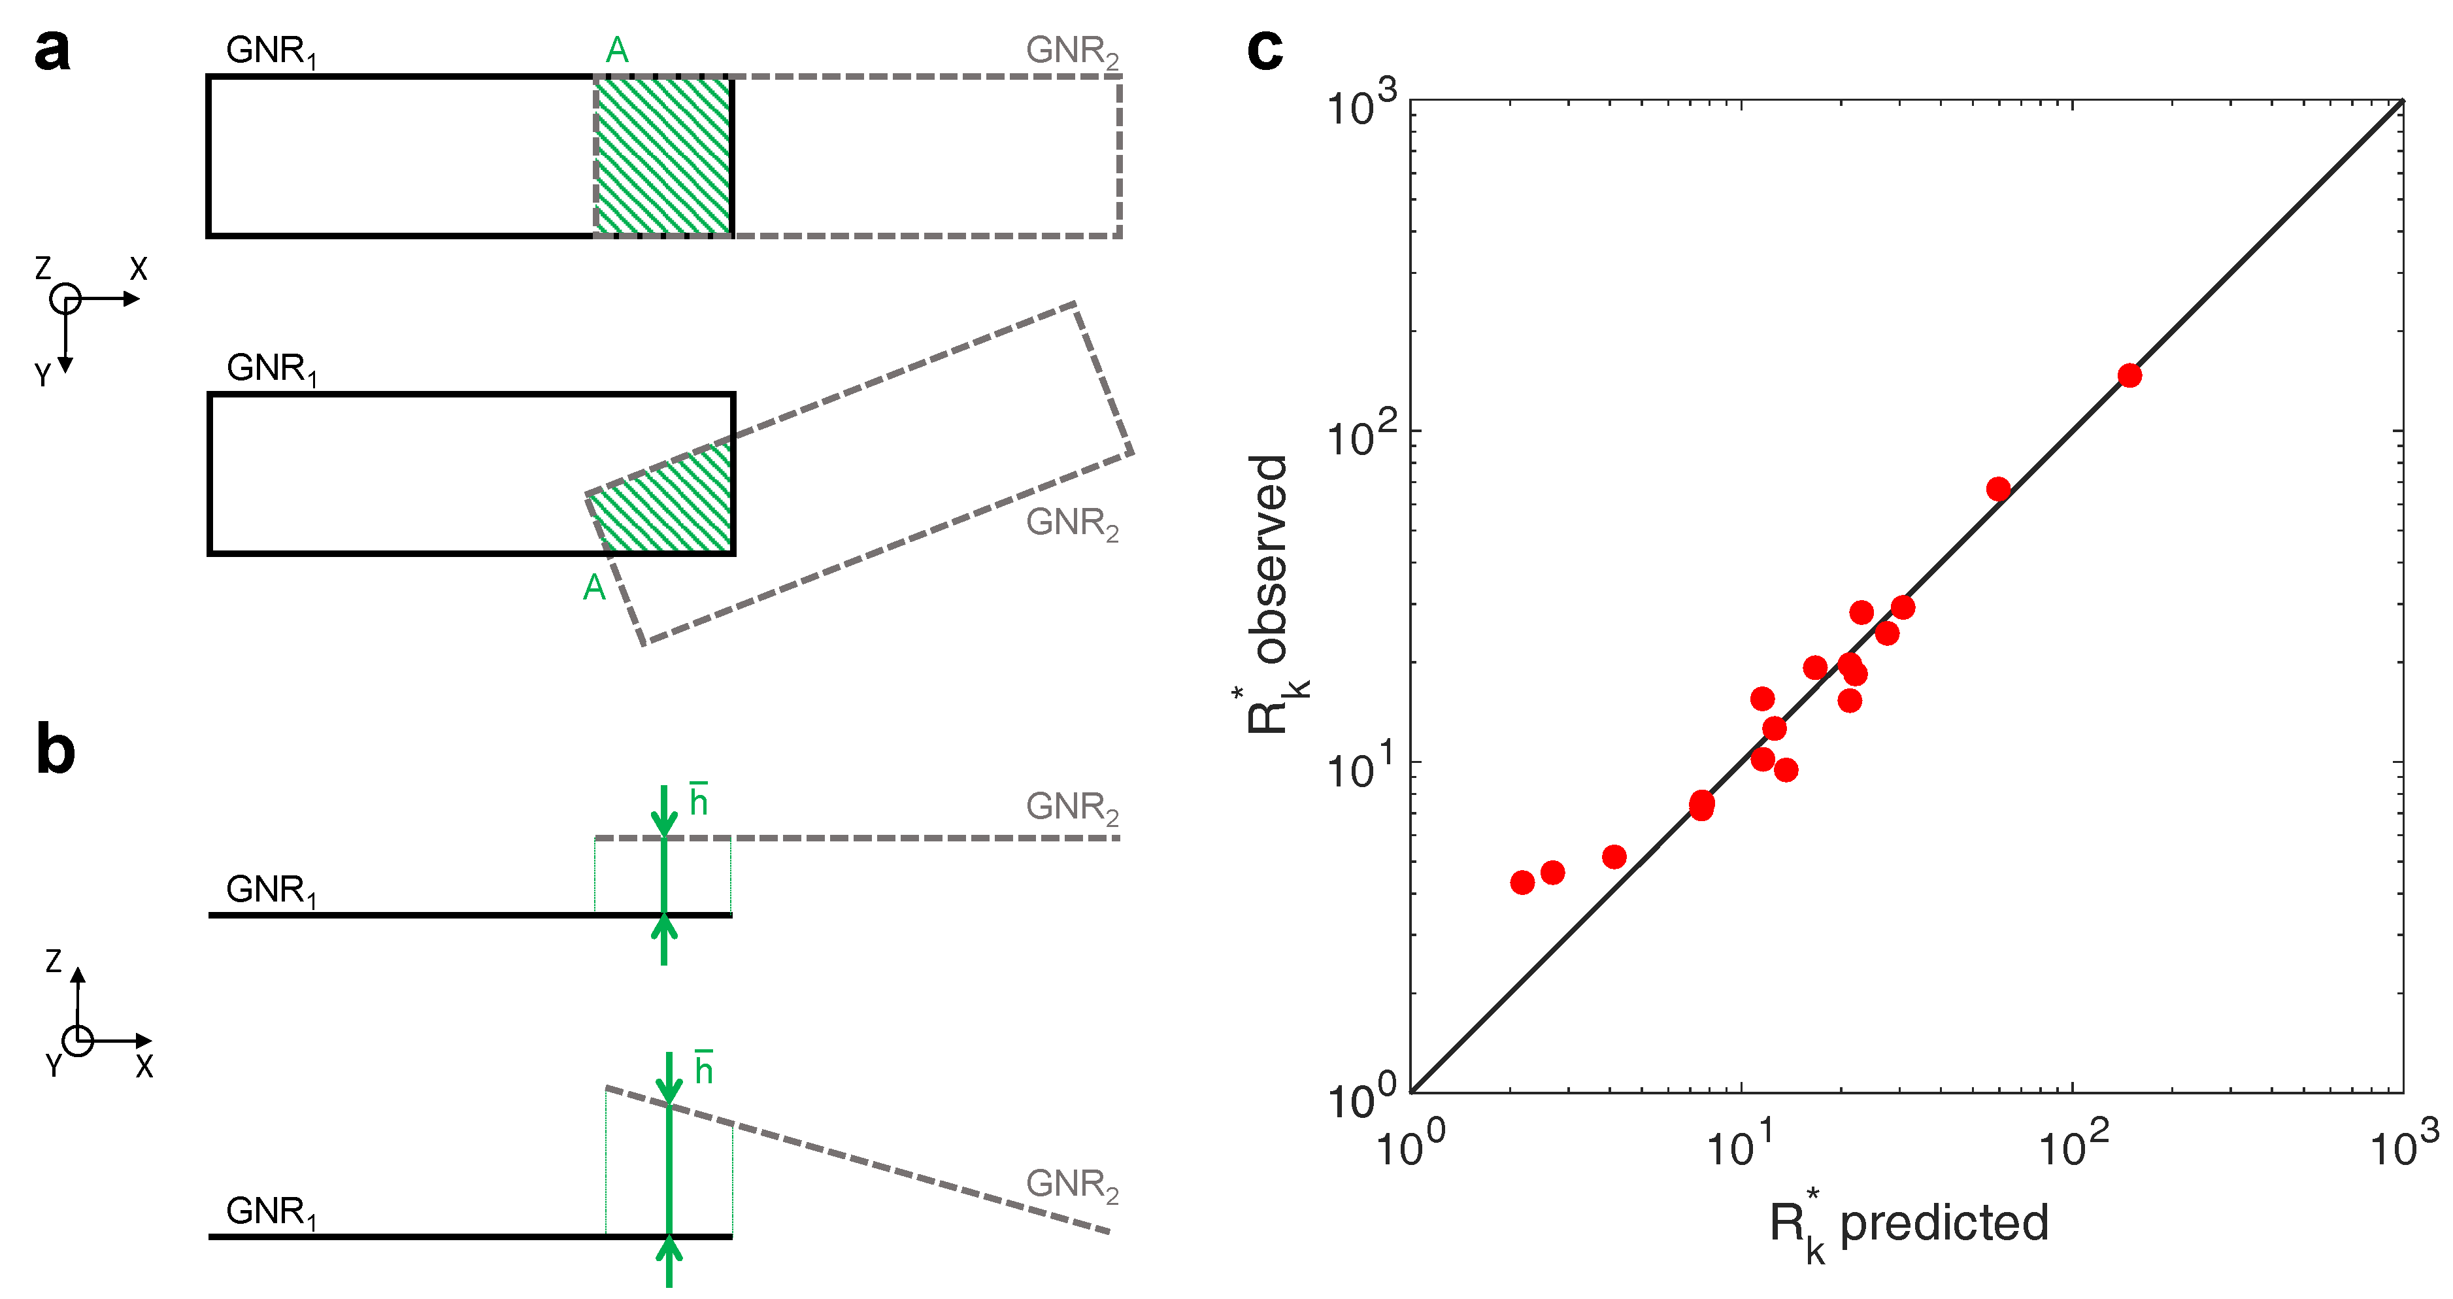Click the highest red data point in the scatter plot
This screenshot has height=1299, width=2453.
[2130, 375]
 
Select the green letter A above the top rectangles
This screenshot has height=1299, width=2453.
[617, 50]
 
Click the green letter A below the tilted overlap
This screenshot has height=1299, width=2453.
[594, 588]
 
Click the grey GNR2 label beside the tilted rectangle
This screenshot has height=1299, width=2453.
[1071, 523]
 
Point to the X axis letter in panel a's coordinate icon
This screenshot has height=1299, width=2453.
[139, 269]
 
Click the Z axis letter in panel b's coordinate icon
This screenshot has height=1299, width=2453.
[54, 961]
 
